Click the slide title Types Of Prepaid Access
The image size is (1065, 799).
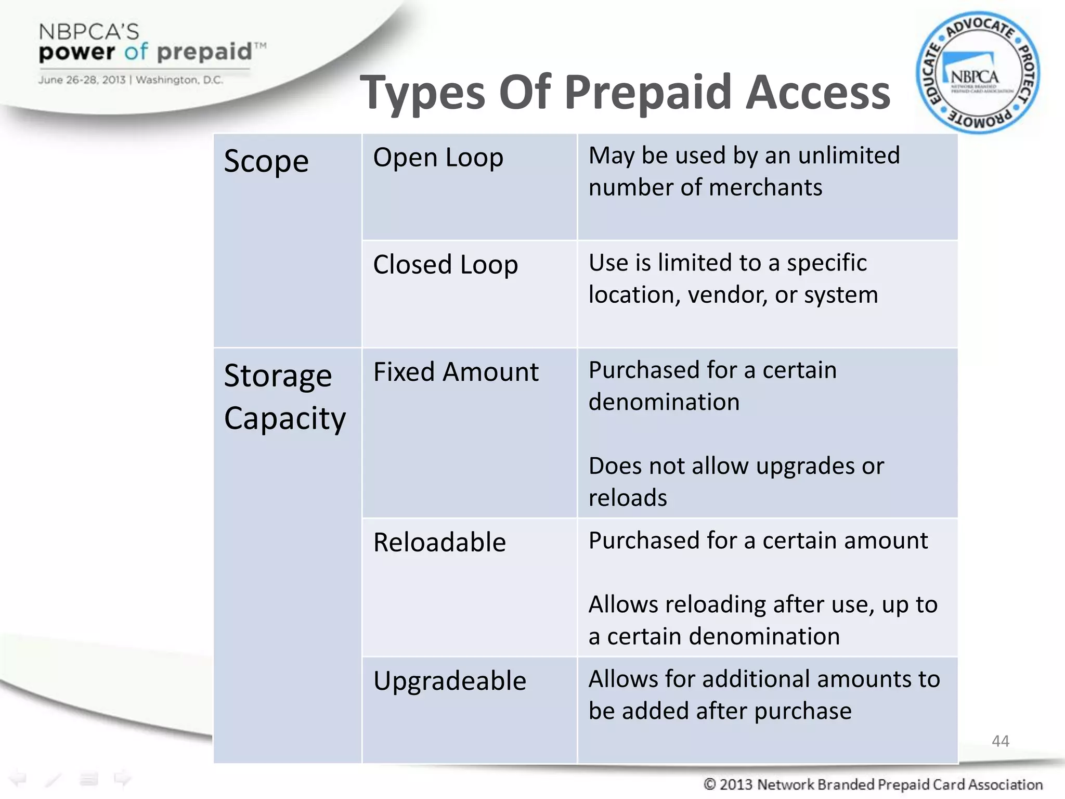click(625, 93)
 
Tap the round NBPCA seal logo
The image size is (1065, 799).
click(978, 73)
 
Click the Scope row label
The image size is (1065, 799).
click(266, 161)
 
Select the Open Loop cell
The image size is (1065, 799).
click(438, 158)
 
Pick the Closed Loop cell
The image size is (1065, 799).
click(445, 265)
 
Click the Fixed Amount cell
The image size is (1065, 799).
click(456, 372)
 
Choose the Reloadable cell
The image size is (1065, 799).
click(439, 543)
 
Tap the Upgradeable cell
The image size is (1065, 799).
click(450, 681)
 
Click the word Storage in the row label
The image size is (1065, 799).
click(278, 376)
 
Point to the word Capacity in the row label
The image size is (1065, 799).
click(285, 419)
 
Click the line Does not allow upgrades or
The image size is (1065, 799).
click(736, 466)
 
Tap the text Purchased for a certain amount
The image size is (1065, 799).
click(758, 540)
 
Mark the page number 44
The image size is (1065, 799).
click(1001, 741)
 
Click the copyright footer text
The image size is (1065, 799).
click(873, 784)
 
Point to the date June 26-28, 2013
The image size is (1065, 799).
click(82, 80)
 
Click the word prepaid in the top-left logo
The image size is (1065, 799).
click(204, 52)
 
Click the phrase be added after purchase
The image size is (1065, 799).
click(720, 711)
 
